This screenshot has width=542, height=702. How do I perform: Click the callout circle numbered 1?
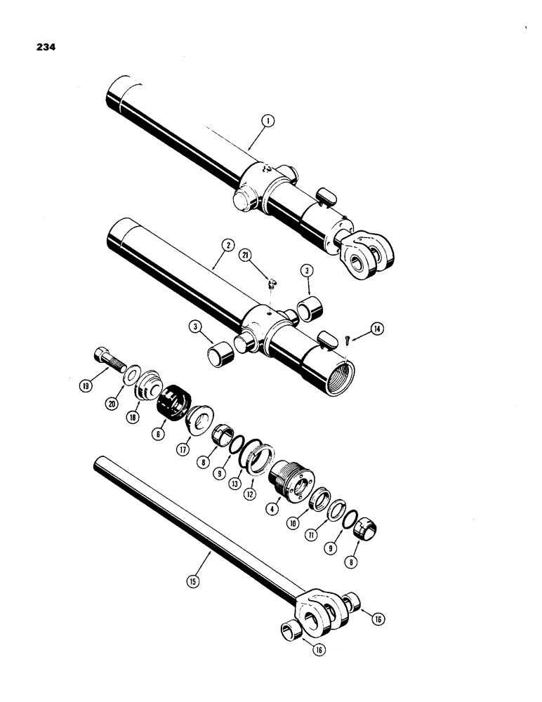pyautogui.click(x=267, y=121)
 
